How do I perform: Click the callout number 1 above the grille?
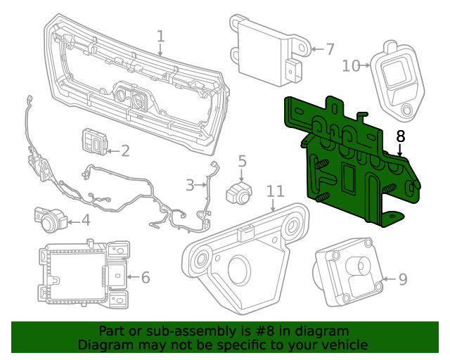(x=160, y=36)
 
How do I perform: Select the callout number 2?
(x=125, y=150)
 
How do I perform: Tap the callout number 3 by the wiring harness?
(x=190, y=186)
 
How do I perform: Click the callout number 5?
(x=242, y=162)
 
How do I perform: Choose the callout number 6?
(x=146, y=278)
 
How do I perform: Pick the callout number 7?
(x=330, y=49)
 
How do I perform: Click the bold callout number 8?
(x=400, y=135)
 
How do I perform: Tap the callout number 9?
(x=403, y=280)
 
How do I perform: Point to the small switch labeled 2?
(x=94, y=141)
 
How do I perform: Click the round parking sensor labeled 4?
(x=50, y=221)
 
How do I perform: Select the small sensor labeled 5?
(x=237, y=193)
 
